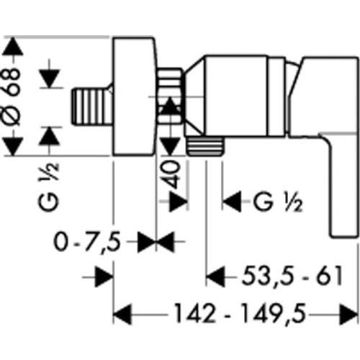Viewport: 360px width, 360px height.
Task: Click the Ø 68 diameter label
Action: tap(11, 96)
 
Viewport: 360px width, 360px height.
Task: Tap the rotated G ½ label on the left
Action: tap(48, 187)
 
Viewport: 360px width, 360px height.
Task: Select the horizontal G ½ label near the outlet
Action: tap(278, 202)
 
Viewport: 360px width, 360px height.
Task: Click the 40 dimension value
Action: tap(173, 174)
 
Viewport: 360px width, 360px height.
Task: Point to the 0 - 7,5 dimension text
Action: tap(87, 242)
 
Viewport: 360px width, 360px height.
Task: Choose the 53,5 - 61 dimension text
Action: tap(292, 276)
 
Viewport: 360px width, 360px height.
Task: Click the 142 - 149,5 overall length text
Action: tap(240, 314)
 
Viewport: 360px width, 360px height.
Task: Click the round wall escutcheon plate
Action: tap(134, 96)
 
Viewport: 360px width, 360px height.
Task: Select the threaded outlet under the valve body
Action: tap(205, 146)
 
